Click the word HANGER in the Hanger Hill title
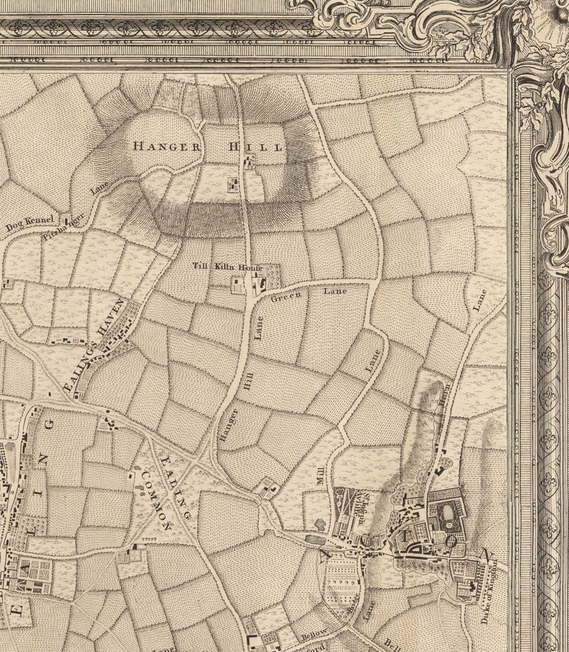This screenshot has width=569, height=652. (x=166, y=145)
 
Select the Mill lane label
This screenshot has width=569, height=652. (x=320, y=475)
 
